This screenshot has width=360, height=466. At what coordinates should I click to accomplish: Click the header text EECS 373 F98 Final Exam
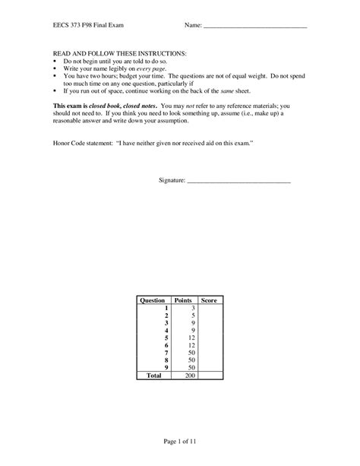[x=85, y=26]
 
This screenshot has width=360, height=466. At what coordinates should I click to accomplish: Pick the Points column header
[x=183, y=301]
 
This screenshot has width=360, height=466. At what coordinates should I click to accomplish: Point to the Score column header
[x=210, y=301]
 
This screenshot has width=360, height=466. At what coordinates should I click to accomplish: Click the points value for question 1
[x=193, y=308]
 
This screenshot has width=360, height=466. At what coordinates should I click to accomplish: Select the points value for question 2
[x=193, y=315]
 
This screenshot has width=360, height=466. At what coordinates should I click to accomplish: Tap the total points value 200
[x=191, y=375]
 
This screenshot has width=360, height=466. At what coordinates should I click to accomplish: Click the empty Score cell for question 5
[x=210, y=338]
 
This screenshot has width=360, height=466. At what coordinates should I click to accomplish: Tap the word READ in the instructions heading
[x=62, y=55]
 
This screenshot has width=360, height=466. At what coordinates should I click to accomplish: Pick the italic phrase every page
[x=152, y=69]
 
